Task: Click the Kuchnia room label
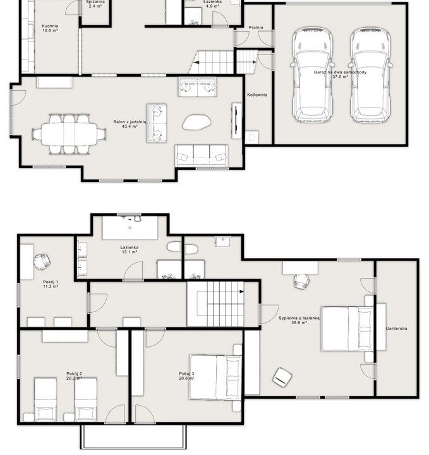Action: [x=50, y=26]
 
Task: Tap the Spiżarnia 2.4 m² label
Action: [x=95, y=4]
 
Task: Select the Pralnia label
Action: [x=256, y=27]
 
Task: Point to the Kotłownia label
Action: [x=257, y=95]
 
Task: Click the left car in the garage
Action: [x=312, y=75]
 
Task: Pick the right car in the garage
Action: [x=370, y=75]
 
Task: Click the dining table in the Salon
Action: [x=69, y=134]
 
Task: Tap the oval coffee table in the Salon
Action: [x=196, y=122]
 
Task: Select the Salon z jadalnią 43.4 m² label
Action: [x=130, y=124]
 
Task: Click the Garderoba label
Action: [x=396, y=329]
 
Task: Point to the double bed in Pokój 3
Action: [x=215, y=377]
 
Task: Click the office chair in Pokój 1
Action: [x=42, y=262]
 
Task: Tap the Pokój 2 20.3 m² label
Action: [x=75, y=376]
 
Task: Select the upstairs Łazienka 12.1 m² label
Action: [x=130, y=250]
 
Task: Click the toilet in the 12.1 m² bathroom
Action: [x=174, y=246]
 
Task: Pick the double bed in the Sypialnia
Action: [x=347, y=329]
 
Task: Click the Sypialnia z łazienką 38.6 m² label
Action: [x=299, y=320]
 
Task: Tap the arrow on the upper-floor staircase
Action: [x=241, y=291]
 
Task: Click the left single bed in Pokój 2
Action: [x=45, y=399]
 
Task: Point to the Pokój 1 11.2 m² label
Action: [x=51, y=284]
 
